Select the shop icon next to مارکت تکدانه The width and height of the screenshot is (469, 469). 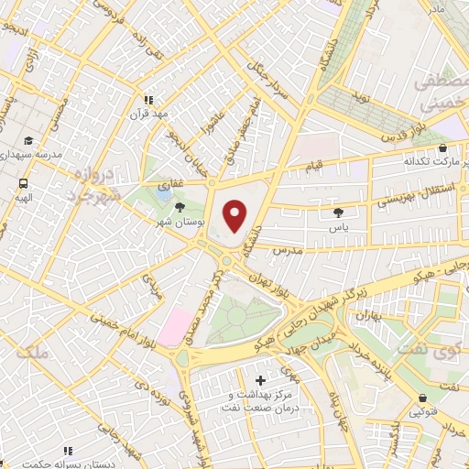tap(443, 147)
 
